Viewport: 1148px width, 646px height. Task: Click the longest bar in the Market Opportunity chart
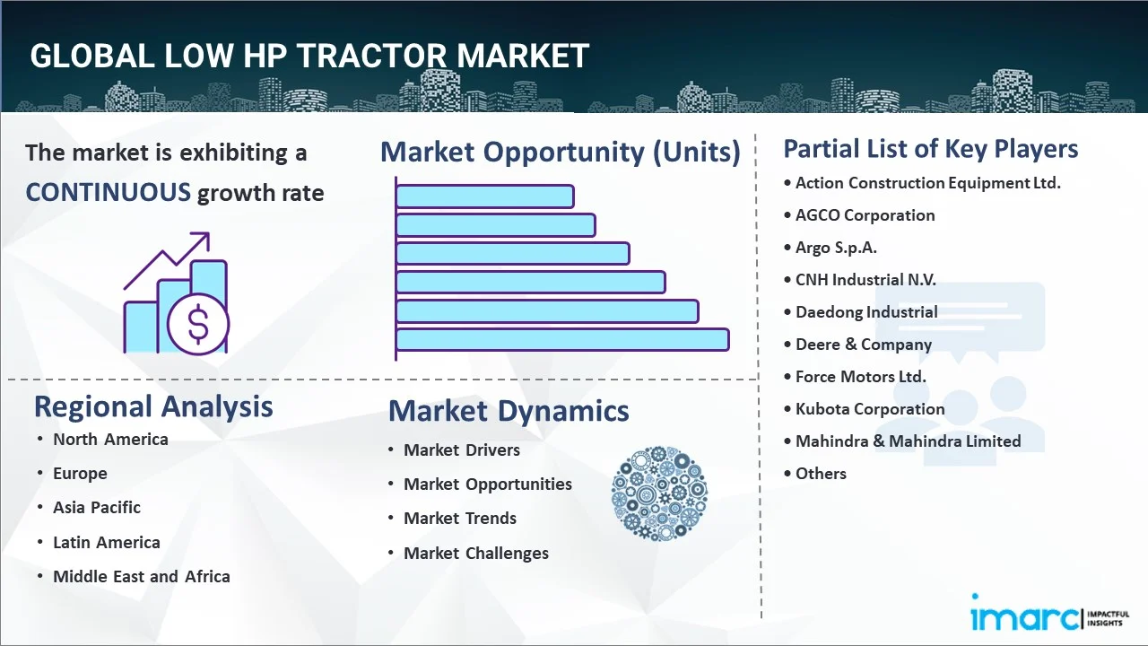561,339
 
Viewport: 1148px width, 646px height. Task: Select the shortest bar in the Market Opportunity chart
484,196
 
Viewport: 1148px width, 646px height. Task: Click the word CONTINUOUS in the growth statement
108,192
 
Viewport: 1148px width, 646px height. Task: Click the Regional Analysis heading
153,406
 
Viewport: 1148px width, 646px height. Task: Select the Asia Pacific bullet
96,508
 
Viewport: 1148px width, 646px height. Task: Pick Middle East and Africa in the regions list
141,577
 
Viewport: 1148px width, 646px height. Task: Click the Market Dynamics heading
509,411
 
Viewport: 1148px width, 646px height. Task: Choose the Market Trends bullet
460,519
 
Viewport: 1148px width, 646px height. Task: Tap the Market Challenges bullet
475,554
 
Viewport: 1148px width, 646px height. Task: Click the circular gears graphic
659,493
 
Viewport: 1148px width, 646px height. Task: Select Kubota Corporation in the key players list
870,409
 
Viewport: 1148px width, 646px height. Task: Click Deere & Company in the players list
863,345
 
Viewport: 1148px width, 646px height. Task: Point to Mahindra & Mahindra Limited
908,441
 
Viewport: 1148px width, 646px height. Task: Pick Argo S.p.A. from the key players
836,248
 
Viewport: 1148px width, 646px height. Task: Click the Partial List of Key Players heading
931,149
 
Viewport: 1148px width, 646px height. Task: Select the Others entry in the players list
821,474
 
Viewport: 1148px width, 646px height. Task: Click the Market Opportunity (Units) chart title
561,152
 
